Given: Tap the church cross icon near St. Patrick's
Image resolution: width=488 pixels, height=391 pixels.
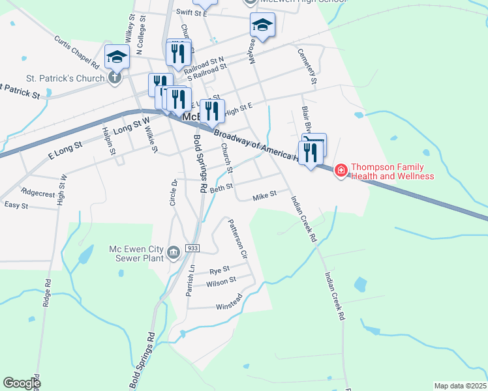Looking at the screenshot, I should [x=114, y=79].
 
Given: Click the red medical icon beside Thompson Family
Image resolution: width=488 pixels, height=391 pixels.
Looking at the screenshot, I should [x=341, y=171].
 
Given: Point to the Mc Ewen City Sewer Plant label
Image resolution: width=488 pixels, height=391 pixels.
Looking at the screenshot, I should [x=136, y=252].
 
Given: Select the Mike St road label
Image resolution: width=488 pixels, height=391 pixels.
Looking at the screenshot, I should [x=265, y=194].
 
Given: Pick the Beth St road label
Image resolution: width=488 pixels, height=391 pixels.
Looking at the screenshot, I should [x=221, y=188].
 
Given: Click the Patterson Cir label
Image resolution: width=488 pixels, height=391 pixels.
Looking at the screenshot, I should [x=237, y=239].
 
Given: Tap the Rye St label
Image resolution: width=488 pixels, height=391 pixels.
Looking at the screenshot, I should [x=219, y=270].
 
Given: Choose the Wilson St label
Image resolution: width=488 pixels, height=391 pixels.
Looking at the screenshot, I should [x=221, y=282].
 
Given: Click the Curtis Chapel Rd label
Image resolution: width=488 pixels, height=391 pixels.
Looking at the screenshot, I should [x=76, y=52].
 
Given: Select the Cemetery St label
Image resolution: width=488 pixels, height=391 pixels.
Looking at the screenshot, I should [x=307, y=66].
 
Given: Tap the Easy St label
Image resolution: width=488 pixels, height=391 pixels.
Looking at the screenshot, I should [x=16, y=205].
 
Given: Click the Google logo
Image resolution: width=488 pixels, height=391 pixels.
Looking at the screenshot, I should [x=21, y=383].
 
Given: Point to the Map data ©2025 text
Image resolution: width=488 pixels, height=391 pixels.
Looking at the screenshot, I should [x=460, y=386].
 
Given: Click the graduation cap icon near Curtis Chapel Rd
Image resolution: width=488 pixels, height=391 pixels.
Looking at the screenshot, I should [x=117, y=57].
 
